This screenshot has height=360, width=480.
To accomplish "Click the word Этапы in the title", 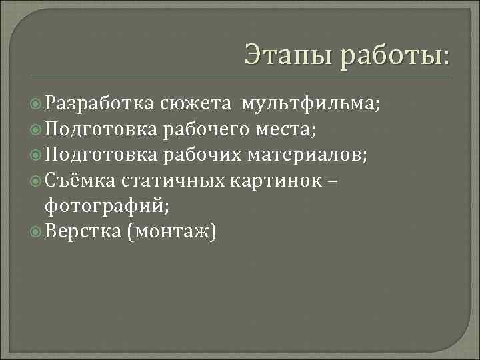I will click(x=287, y=54).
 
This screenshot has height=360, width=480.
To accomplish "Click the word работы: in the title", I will click(x=394, y=54).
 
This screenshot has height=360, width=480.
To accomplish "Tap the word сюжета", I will click(x=196, y=103).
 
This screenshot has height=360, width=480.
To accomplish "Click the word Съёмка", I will click(x=80, y=181).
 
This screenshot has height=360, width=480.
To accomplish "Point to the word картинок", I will click(x=266, y=181).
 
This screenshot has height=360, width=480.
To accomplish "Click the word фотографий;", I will click(x=107, y=206).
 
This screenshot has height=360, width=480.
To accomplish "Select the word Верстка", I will click(x=81, y=232).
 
